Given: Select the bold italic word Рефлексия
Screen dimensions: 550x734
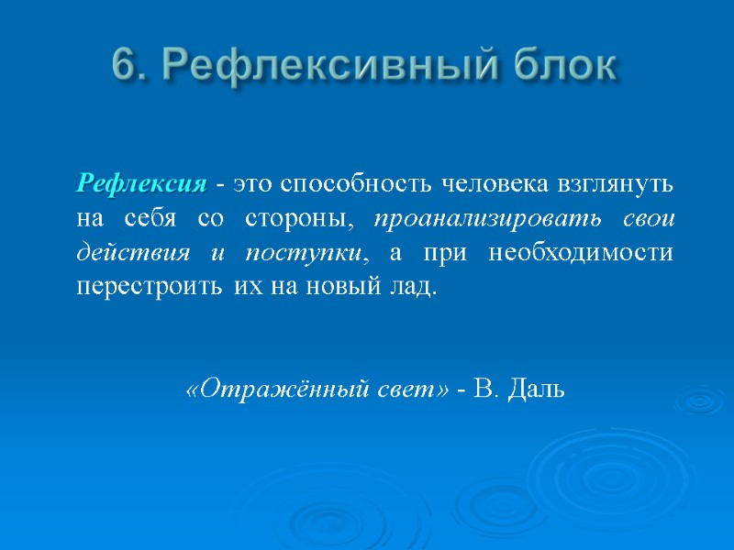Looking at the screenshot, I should pos(142,184).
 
